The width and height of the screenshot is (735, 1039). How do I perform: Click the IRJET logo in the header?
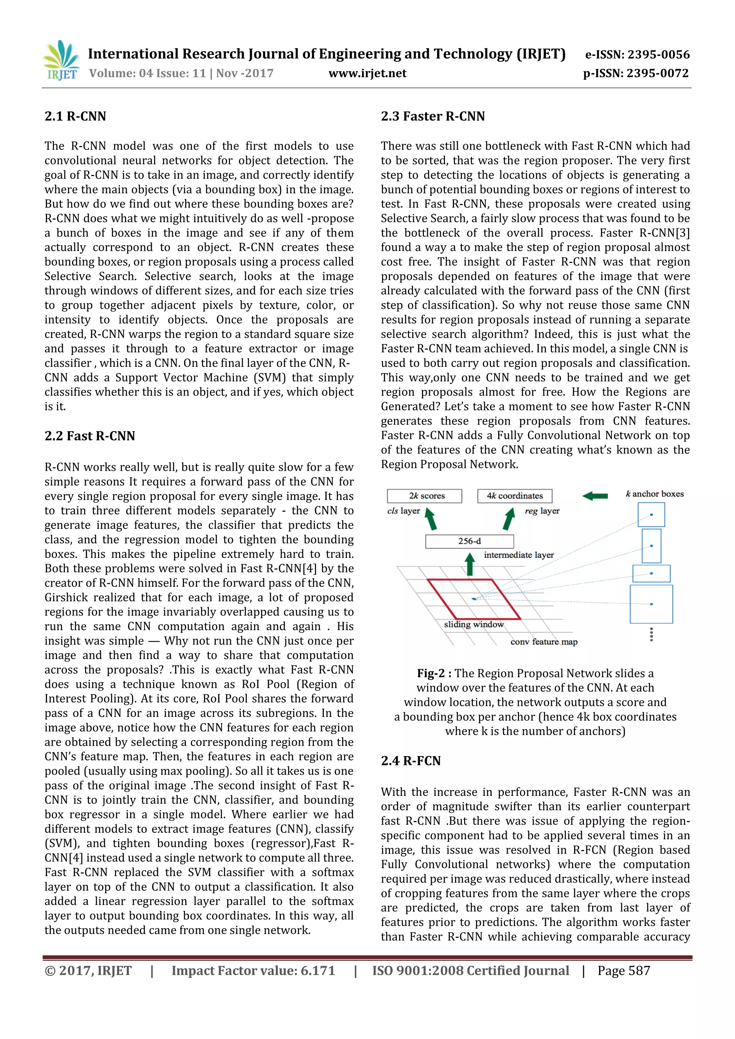(61, 61)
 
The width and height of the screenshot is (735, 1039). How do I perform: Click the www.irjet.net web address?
(367, 73)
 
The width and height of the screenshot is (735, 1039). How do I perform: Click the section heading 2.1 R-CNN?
(75, 116)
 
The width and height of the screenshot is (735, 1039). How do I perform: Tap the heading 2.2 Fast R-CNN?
(90, 436)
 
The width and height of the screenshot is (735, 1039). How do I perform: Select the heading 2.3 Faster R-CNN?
(432, 116)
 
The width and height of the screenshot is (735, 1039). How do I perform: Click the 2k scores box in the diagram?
(424, 496)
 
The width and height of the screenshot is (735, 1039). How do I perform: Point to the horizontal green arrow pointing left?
(595, 496)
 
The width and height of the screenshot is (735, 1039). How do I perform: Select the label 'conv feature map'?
(543, 642)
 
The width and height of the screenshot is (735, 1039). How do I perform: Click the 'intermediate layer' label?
(519, 555)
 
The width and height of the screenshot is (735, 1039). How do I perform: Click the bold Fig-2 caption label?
(434, 673)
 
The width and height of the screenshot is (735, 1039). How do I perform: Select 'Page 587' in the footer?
(624, 970)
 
